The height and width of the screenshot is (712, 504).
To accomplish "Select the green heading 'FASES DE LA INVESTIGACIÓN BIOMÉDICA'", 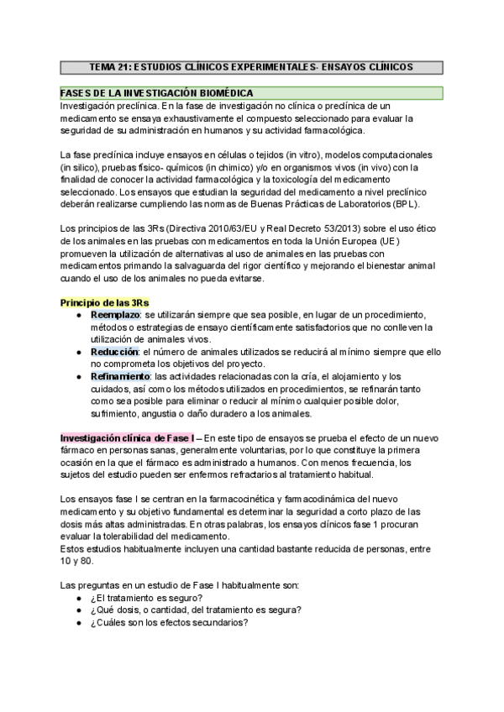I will tap(155, 92).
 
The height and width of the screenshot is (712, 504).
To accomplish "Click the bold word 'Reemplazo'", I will tap(116, 315).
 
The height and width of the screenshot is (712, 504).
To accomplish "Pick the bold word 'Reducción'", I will tap(115, 352).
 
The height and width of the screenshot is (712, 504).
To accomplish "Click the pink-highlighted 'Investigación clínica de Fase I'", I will tap(127, 438).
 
